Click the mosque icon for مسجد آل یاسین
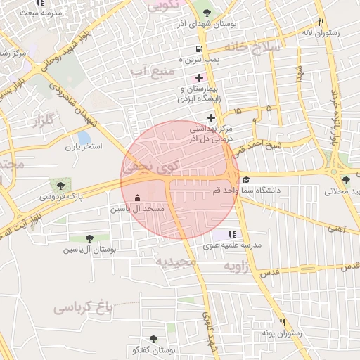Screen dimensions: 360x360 click(137, 198)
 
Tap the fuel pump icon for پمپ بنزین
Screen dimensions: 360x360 click(200, 49)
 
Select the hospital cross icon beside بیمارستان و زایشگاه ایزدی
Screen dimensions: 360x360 click(200, 77)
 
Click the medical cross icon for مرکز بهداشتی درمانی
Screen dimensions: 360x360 click(211, 117)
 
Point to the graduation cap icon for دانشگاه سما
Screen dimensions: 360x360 click(245, 180)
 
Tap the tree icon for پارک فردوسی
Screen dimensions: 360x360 click(63, 186)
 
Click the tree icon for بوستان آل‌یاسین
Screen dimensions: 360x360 click(89, 238)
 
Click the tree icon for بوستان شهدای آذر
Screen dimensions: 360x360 click(206, 12)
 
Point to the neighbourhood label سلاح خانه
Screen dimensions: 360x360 click(252, 46)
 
